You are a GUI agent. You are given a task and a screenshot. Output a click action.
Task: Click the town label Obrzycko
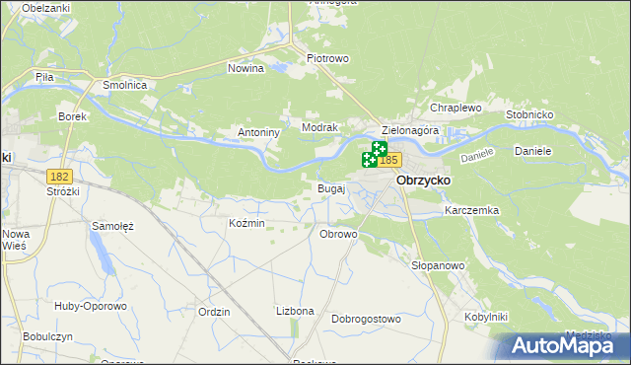click(x=423, y=182)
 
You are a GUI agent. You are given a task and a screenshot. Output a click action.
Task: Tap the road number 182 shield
click(x=59, y=175)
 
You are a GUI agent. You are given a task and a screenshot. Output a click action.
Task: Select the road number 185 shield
click(x=388, y=160)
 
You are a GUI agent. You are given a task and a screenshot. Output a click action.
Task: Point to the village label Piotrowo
click(x=328, y=58)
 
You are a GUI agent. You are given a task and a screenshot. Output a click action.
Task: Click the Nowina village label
click(x=245, y=68)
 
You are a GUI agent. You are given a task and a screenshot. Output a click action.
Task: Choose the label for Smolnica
click(x=125, y=86)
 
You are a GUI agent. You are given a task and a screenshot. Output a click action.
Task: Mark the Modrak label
click(x=320, y=128)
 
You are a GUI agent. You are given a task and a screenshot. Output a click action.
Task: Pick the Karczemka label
click(x=472, y=211)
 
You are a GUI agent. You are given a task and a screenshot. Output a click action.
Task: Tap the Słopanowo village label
click(x=438, y=266)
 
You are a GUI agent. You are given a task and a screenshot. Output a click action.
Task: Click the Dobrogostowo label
click(x=366, y=319)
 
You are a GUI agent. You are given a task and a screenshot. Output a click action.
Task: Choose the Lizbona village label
click(x=295, y=311)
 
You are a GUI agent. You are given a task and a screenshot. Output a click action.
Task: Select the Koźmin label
click(x=246, y=224)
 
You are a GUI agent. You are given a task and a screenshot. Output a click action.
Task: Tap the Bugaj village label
click(x=330, y=187)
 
